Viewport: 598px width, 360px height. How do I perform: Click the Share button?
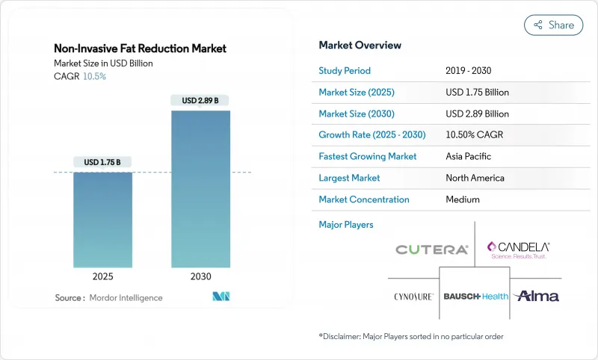click(554, 25)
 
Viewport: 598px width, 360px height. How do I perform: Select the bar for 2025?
click(102, 220)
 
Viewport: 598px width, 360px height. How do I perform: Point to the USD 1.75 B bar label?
click(102, 162)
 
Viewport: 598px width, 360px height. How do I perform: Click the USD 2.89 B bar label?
click(201, 100)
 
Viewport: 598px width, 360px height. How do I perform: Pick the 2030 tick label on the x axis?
click(201, 276)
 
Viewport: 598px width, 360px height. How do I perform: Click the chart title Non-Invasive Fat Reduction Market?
click(140, 49)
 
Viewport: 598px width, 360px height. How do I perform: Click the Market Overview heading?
click(360, 45)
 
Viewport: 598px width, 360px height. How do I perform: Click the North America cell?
click(475, 178)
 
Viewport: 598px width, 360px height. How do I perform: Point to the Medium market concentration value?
click(463, 199)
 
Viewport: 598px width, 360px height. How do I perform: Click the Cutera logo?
click(432, 249)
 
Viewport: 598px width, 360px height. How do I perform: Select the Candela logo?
click(518, 249)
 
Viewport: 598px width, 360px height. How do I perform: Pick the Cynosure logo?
click(413, 297)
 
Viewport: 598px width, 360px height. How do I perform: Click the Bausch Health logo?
click(475, 297)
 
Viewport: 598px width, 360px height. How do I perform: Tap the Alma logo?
click(536, 296)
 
